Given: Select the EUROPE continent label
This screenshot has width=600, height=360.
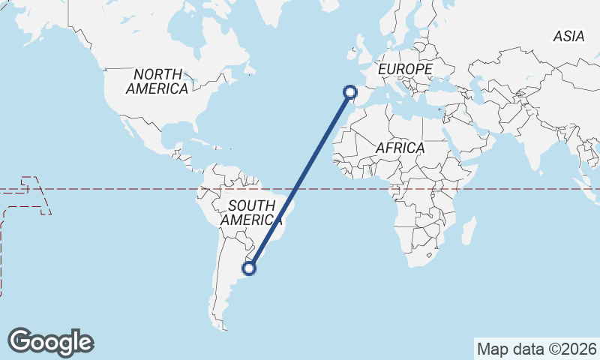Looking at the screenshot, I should tap(405, 69).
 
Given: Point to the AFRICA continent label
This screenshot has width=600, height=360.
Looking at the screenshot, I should tap(400, 148).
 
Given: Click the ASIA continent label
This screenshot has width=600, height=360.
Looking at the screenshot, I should tap(568, 35).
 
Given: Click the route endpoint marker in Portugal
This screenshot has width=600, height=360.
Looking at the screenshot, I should tap(349, 92).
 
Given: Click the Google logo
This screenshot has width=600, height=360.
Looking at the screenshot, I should tap(50, 342).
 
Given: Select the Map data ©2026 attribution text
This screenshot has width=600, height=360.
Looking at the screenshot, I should tap(537, 349).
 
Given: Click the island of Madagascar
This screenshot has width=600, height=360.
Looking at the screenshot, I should tap(469, 229).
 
